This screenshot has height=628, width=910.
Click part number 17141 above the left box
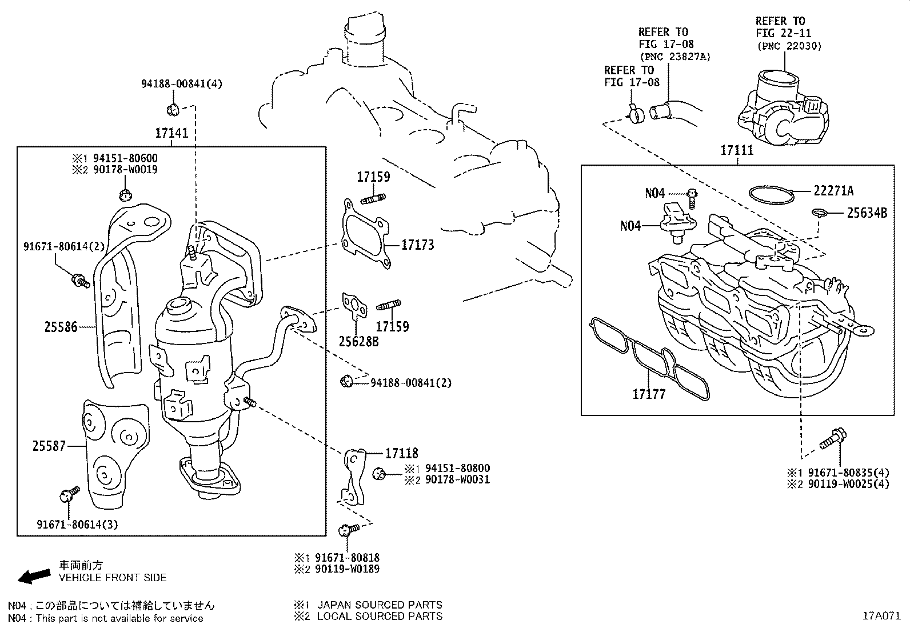(171, 133)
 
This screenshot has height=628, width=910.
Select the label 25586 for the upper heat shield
(61, 327)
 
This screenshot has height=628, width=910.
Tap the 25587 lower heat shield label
(49, 446)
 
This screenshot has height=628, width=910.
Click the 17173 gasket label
(417, 245)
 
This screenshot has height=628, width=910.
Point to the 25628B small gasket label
(358, 342)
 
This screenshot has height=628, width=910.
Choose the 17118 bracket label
(401, 453)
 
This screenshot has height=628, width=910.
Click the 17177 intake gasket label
(649, 394)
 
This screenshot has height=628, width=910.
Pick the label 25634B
(867, 213)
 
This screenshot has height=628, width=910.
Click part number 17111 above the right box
(737, 150)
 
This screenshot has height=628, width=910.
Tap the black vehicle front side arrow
(33, 576)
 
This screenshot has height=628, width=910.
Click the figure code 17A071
(881, 616)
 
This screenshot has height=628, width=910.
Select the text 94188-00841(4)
(182, 83)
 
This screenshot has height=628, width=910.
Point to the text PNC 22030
(788, 46)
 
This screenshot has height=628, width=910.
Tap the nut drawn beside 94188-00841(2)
(346, 381)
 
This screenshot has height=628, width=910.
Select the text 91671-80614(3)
(77, 524)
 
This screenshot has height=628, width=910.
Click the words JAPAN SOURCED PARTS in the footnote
(380, 605)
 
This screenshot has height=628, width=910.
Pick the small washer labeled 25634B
(819, 214)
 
